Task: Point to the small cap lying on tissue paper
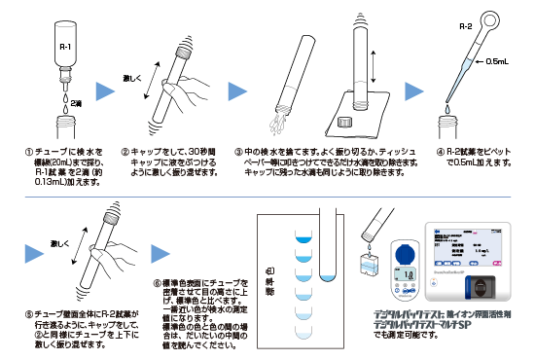pyautogui.click(x=342, y=124)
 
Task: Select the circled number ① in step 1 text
pyautogui.click(x=29, y=153)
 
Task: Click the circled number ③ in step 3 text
pyautogui.click(x=239, y=153)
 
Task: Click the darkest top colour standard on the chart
pyautogui.click(x=302, y=234)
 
